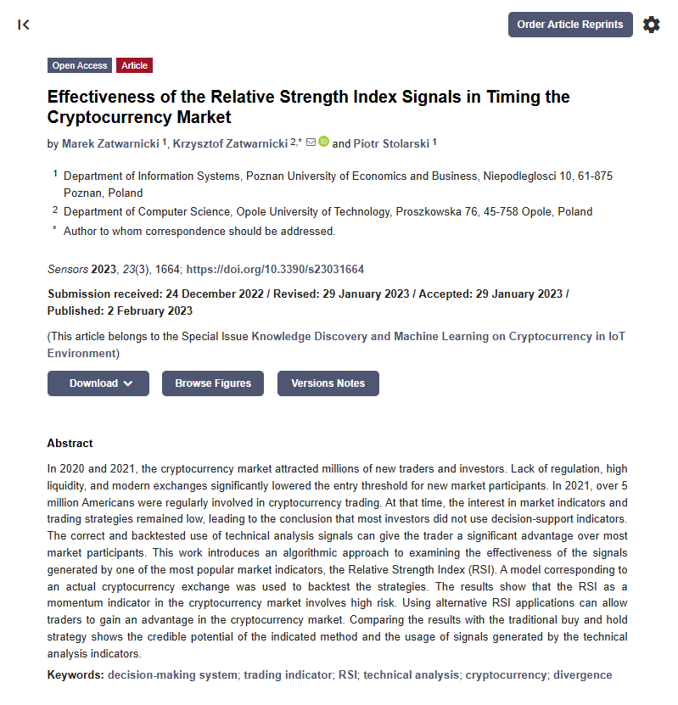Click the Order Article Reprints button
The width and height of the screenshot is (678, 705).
[x=570, y=25]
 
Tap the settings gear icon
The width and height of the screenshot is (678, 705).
[x=651, y=25]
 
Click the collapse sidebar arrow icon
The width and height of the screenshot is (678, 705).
[x=24, y=25]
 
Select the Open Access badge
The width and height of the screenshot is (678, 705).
[x=80, y=65]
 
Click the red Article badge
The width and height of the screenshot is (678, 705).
[x=134, y=65]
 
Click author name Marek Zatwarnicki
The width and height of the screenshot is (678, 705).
[x=110, y=143]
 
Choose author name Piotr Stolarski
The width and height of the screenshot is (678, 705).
[x=391, y=143]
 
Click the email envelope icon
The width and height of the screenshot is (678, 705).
[x=311, y=143]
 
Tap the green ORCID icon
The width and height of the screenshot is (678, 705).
[x=323, y=143]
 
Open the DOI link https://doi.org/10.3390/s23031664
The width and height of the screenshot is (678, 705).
[x=275, y=269]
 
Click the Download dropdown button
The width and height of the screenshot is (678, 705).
[x=98, y=383]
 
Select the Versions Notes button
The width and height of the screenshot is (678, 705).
[x=328, y=383]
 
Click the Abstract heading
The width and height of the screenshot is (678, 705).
[x=70, y=443]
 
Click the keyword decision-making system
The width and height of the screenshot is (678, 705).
[x=172, y=675]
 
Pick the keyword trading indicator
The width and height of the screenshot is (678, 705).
[x=288, y=675]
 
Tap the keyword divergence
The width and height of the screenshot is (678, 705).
[x=582, y=675]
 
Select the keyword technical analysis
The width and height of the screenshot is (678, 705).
[x=412, y=675]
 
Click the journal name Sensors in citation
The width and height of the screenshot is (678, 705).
[x=67, y=269]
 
